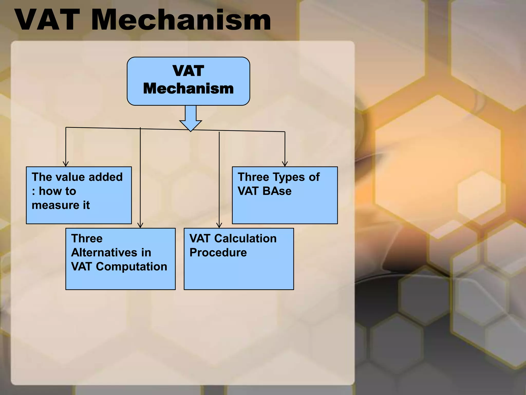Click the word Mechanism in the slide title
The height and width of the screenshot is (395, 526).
click(x=181, y=20)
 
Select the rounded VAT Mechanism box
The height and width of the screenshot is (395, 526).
click(x=188, y=81)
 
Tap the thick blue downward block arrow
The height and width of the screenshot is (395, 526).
click(x=191, y=118)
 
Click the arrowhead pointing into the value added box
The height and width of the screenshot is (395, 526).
click(x=66, y=164)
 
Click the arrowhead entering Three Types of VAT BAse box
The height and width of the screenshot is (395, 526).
click(x=285, y=164)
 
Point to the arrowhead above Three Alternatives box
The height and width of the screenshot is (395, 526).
click(x=140, y=225)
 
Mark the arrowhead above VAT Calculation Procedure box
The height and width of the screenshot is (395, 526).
click(x=219, y=225)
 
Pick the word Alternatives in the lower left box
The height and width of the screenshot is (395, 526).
click(x=105, y=253)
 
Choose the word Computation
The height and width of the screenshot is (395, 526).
click(x=131, y=267)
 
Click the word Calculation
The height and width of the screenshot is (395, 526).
click(x=245, y=239)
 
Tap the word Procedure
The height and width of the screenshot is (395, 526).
click(x=218, y=253)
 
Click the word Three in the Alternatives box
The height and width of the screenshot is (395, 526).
click(x=87, y=239)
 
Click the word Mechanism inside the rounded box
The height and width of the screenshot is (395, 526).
click(x=188, y=89)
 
